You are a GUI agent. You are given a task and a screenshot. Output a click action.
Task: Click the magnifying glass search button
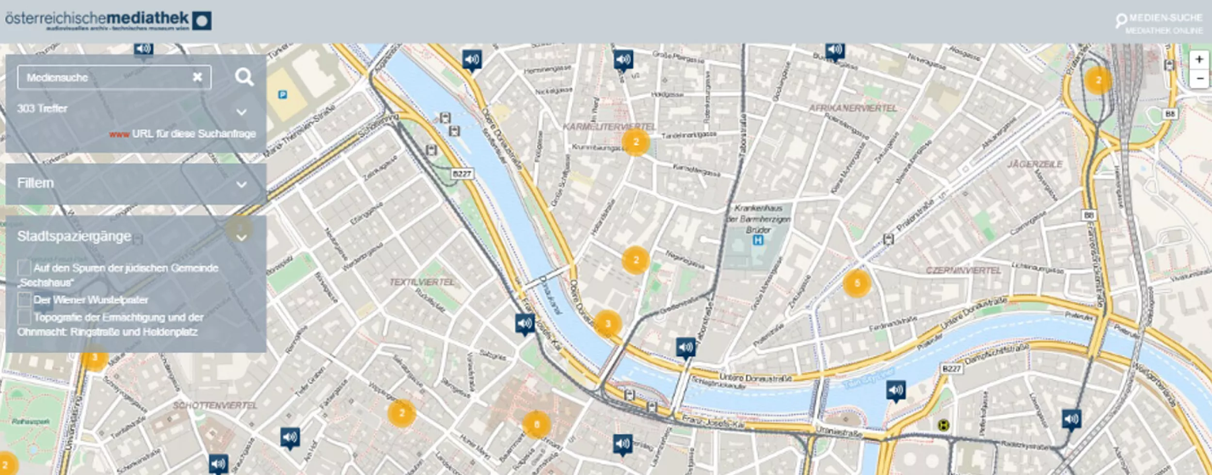244,77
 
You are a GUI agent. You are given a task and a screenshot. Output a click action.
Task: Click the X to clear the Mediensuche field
197,77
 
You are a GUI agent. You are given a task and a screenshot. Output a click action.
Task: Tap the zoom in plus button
1199,60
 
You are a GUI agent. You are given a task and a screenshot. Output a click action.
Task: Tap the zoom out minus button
1199,79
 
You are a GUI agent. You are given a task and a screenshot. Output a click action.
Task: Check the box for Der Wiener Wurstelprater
24,300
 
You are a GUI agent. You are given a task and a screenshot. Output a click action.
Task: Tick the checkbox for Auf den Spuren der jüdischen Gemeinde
24,268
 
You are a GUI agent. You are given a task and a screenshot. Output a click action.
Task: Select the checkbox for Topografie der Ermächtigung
24,317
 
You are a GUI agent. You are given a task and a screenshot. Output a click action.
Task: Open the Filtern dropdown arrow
241,184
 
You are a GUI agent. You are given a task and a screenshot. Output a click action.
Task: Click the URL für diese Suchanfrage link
193,134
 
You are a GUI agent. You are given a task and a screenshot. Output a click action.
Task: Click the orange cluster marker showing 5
857,284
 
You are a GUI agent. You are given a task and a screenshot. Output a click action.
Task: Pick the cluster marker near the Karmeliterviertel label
636,142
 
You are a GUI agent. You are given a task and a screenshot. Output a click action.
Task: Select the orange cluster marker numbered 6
536,425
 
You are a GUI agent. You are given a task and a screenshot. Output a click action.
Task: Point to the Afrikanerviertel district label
852,108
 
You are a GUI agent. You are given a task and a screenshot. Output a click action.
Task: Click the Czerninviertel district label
963,270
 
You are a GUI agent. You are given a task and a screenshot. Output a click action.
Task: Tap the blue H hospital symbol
758,240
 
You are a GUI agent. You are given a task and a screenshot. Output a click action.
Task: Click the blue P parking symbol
283,95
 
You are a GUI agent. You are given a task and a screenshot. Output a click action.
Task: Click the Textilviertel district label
422,282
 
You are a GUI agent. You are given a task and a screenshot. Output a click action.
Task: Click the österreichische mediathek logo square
202,21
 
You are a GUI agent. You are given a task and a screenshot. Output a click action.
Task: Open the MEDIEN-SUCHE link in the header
1165,18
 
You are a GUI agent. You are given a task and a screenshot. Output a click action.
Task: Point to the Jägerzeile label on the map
1035,164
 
